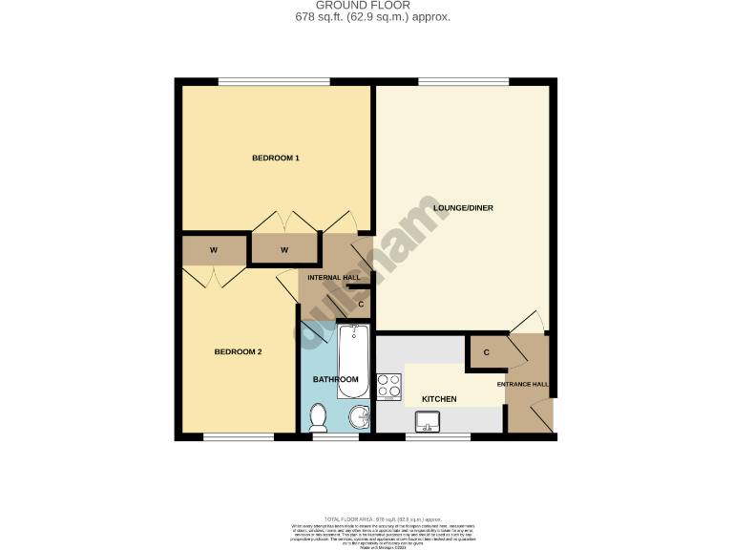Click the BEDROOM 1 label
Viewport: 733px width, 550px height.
click(276, 158)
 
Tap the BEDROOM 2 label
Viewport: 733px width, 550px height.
click(238, 351)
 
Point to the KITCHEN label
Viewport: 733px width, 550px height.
click(439, 398)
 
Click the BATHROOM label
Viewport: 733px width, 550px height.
click(336, 379)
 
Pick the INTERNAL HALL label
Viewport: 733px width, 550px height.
click(333, 278)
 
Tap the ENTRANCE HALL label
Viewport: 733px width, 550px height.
click(522, 384)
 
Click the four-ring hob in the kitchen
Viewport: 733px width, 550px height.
click(389, 386)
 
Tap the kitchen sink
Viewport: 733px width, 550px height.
click(428, 419)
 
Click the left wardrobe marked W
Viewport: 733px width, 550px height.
click(214, 250)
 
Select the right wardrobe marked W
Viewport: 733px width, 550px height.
click(284, 250)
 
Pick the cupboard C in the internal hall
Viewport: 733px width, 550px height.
click(361, 305)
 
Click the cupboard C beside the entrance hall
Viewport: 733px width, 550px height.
click(486, 352)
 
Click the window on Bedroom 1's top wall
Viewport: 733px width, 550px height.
click(274, 81)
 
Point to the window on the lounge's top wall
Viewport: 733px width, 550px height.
click(463, 81)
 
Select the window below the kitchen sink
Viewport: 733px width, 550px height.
click(437, 437)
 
